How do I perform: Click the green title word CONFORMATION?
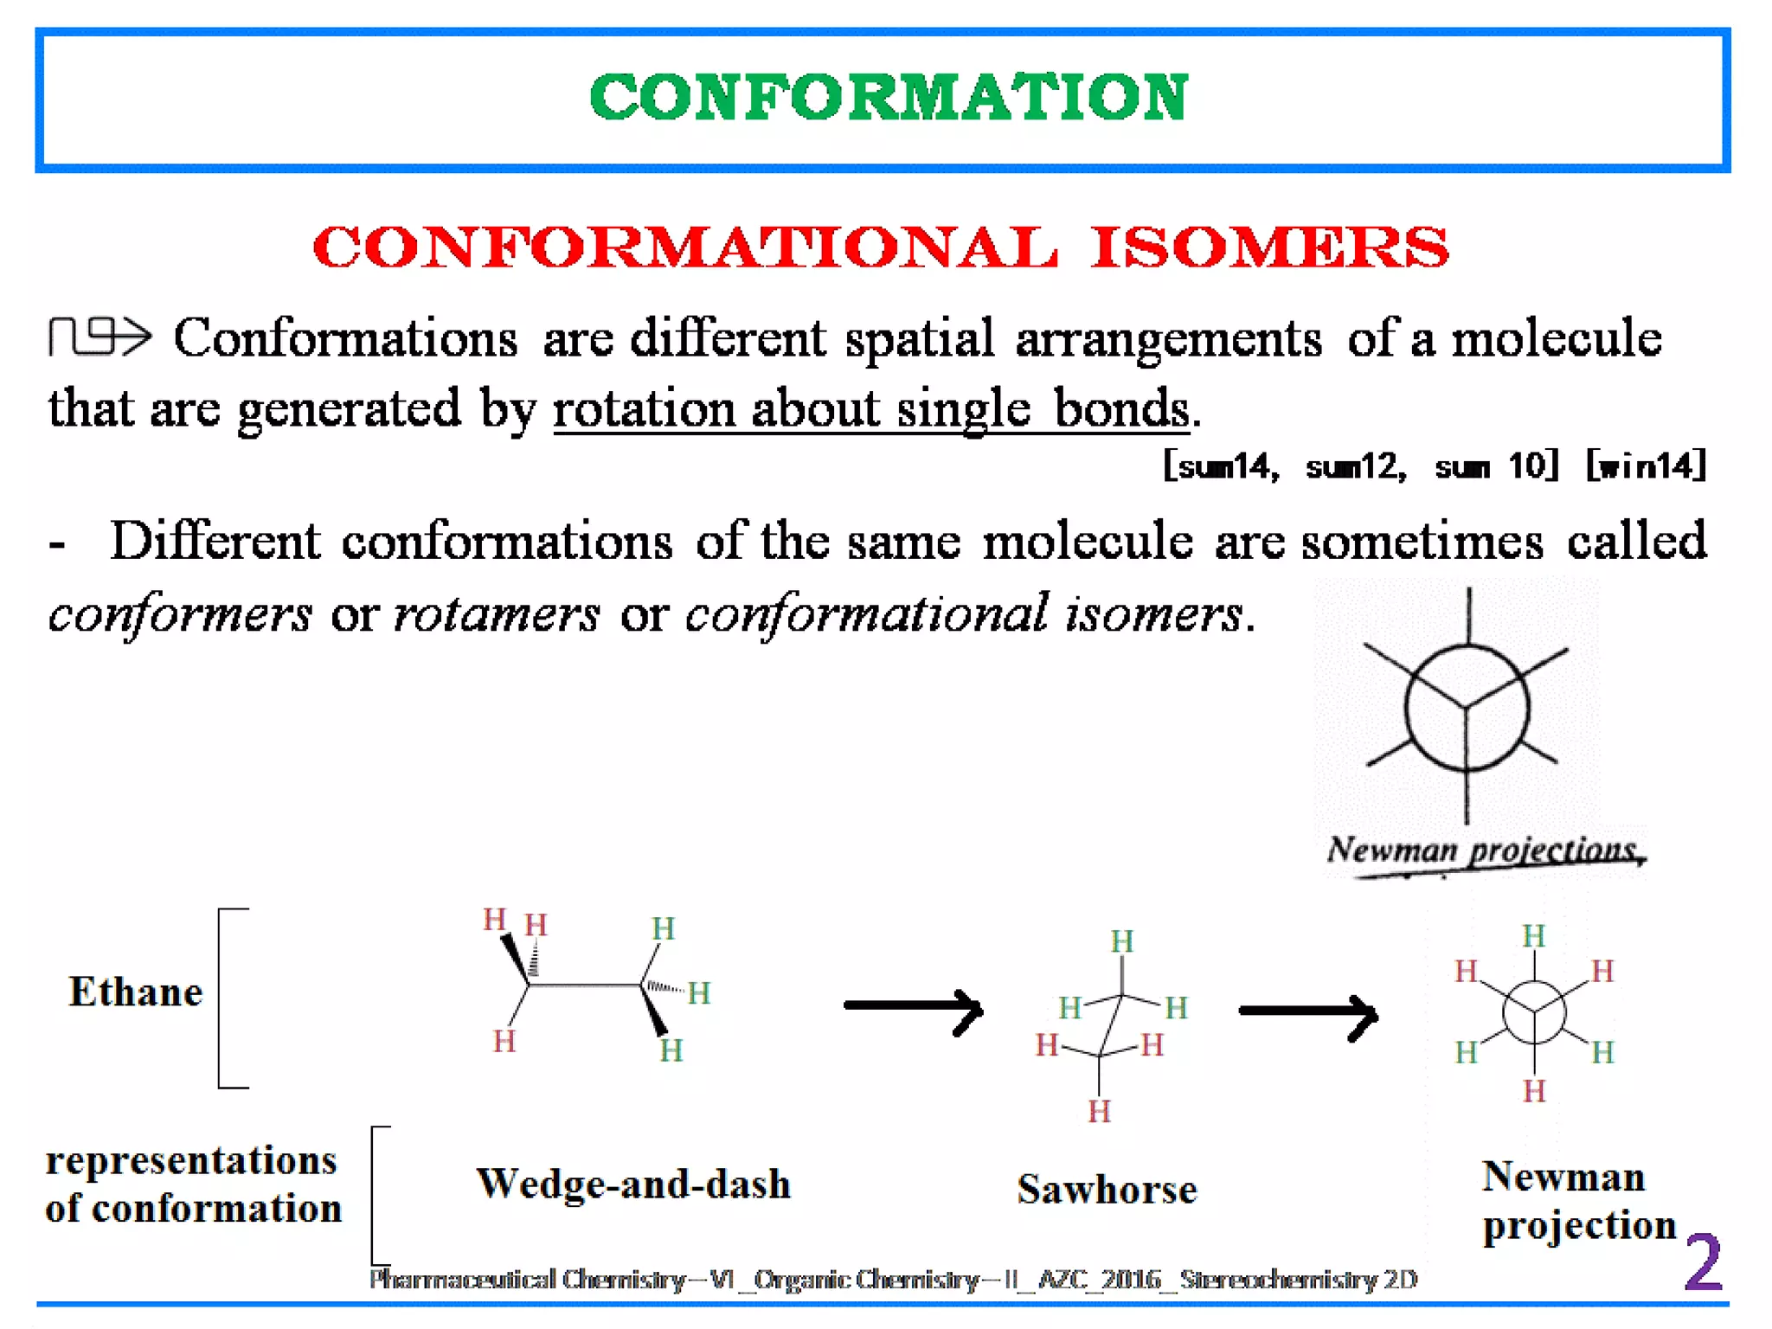point(888,97)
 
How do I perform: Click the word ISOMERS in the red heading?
point(1268,247)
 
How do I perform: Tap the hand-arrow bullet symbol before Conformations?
point(99,336)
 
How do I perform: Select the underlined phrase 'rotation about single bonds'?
point(870,408)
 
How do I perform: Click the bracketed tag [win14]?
point(1646,465)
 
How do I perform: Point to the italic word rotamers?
point(496,614)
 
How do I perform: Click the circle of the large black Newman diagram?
point(1467,708)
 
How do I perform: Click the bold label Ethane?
point(135,992)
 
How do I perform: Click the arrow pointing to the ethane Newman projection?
point(1307,1011)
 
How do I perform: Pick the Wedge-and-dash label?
point(633,1184)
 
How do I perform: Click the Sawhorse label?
point(1107,1190)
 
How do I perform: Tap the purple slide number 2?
point(1702,1262)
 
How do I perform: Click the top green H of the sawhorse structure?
point(1121,941)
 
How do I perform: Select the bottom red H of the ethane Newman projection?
point(1534,1091)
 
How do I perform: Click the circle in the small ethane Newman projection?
point(1534,1011)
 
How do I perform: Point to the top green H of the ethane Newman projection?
point(1534,935)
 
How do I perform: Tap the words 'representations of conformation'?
point(192,1184)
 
